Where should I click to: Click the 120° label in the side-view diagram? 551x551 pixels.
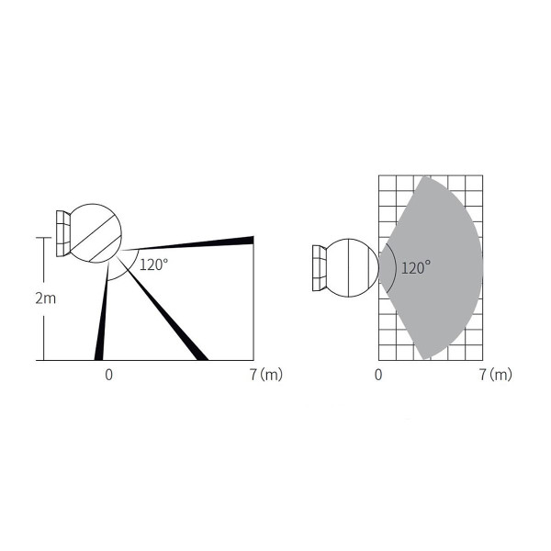154,264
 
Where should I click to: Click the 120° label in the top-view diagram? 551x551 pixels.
416,268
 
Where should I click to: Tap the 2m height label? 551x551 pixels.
46,298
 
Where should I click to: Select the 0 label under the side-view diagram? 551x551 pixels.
109,375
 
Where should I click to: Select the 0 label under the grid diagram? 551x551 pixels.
378,375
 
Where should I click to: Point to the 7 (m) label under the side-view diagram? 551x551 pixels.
266,375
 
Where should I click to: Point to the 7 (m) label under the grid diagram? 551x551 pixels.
496,375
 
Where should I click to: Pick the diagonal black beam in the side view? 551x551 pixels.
163,309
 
